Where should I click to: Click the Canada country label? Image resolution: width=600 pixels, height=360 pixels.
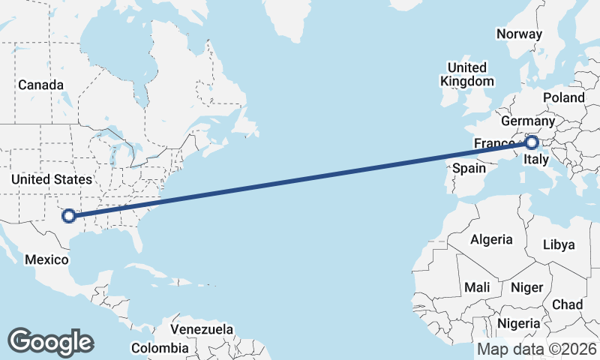tap(40, 85)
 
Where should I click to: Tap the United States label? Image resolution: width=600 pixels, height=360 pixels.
tap(52, 179)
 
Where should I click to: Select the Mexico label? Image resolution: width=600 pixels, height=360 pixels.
tap(46, 259)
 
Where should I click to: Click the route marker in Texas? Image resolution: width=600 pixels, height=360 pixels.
tap(68, 216)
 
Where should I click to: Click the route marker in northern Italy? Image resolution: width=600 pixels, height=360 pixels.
tap(532, 142)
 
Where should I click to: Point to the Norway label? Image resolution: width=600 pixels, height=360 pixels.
tap(519, 34)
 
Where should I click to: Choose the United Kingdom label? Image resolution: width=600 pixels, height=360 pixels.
tap(467, 73)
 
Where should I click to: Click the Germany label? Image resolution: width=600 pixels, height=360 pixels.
tap(527, 121)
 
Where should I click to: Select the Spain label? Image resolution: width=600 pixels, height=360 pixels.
tap(469, 168)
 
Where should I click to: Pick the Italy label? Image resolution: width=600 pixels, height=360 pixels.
tap(537, 159)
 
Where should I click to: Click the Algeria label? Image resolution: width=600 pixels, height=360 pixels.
tap(491, 239)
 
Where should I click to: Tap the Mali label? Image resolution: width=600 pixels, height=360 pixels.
tap(477, 286)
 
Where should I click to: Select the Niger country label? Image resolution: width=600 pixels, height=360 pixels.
tap(526, 287)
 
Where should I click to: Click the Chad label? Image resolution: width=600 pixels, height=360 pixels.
tap(567, 304)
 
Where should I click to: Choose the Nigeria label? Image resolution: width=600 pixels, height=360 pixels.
tap(519, 324)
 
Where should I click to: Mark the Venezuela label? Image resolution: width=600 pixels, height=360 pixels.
tap(202, 329)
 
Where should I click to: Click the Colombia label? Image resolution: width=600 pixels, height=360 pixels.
tap(160, 348)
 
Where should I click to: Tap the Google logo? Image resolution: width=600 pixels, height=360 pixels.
tap(50, 341)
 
